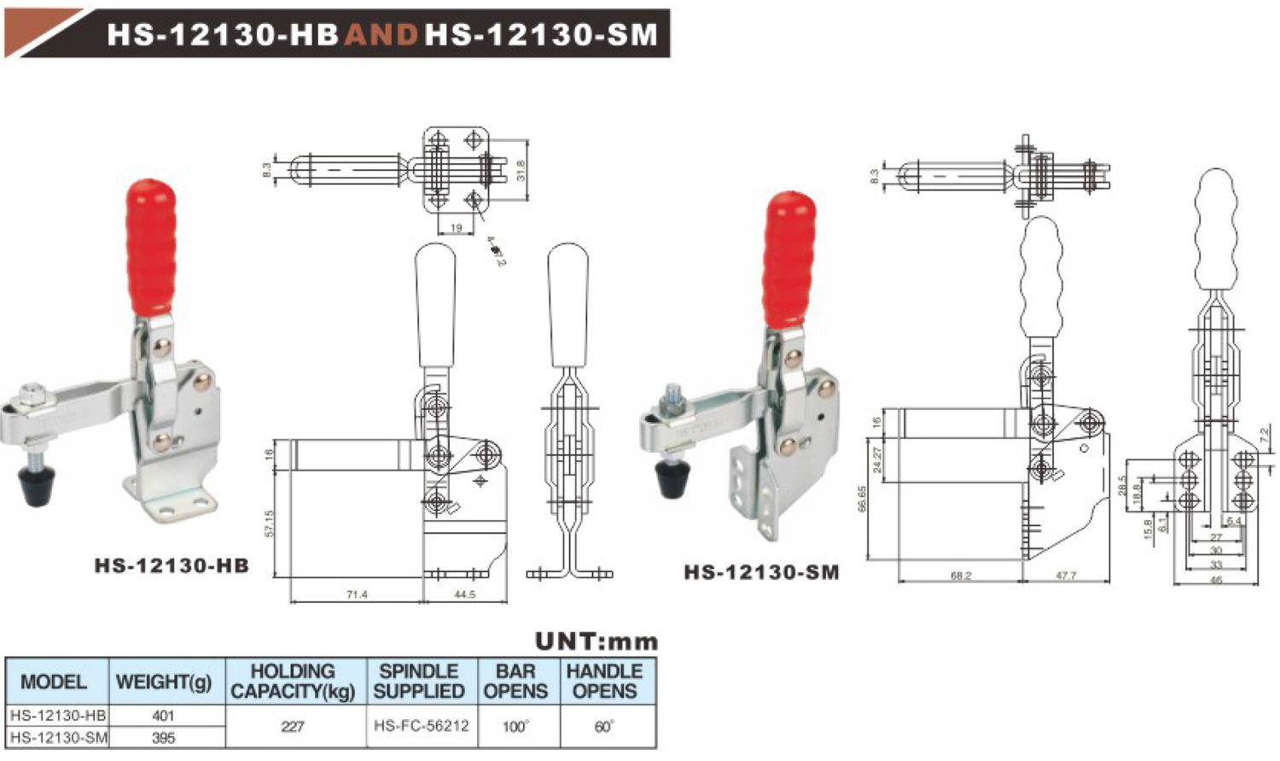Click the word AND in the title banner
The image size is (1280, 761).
381,34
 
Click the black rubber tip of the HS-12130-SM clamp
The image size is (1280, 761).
674,479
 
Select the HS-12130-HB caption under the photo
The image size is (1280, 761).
172,565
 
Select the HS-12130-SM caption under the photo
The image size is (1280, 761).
761,572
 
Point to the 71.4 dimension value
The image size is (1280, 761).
357,594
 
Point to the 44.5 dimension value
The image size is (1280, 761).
464,594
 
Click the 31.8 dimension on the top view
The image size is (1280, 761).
521,169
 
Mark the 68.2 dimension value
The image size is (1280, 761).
961,576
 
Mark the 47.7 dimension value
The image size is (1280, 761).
1066,576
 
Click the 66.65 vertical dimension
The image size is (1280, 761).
863,499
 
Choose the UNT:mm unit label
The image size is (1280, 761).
596,641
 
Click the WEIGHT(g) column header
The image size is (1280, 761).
164,682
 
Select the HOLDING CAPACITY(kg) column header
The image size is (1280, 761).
293,682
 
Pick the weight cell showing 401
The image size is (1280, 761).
163,716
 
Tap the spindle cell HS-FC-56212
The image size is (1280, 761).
422,726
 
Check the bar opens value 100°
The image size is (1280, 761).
515,726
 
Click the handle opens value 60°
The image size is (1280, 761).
604,726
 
